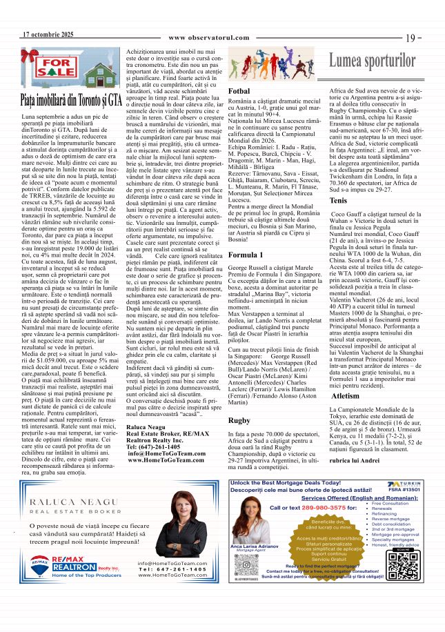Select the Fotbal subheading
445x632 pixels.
click(x=239, y=91)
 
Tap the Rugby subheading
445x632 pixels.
click(x=239, y=419)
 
